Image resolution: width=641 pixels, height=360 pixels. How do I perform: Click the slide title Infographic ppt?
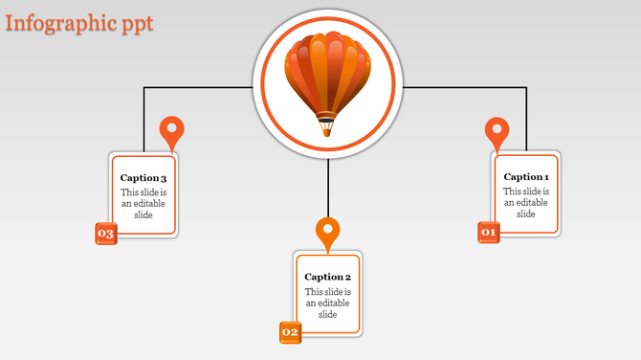(x=78, y=23)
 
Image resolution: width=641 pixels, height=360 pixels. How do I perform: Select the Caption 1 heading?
(x=526, y=176)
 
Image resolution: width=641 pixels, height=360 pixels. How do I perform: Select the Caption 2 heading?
(x=328, y=277)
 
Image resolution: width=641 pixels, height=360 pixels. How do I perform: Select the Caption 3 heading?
(x=144, y=178)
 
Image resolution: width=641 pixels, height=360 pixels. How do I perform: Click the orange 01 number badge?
(x=489, y=232)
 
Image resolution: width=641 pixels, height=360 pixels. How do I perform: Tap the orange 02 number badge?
(x=290, y=332)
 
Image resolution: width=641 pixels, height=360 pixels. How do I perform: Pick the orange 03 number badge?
(x=105, y=234)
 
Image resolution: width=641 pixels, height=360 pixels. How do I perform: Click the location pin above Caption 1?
(x=497, y=131)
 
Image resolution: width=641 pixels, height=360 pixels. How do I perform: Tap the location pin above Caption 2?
(x=328, y=232)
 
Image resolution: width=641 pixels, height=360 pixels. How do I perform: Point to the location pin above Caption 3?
(x=171, y=130)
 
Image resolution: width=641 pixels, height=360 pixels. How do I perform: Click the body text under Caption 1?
(x=526, y=202)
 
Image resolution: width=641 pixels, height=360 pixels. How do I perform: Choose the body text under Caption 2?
(x=328, y=303)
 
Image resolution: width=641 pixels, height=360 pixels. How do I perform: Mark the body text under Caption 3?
(x=144, y=203)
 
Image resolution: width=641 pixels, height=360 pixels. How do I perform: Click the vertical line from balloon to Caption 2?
(x=328, y=188)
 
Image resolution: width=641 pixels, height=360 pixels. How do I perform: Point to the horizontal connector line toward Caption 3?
(x=196, y=88)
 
